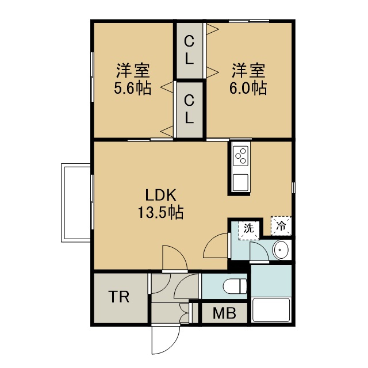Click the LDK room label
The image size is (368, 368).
[x=161, y=195]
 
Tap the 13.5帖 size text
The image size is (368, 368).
[x=161, y=212]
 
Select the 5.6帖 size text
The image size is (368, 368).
[x=133, y=88]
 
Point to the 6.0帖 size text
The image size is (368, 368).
[x=248, y=88]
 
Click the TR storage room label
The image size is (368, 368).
[x=119, y=297]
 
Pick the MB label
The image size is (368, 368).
[x=224, y=313]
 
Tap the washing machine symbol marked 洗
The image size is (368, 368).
[x=249, y=230]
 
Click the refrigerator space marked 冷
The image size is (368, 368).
[x=281, y=226]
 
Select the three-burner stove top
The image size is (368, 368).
[x=241, y=156]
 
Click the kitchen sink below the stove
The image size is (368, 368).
[x=240, y=183]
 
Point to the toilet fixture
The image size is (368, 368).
[x=235, y=286]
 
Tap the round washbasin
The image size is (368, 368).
[x=281, y=250]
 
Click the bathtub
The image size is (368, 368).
[x=271, y=310]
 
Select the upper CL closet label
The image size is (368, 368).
[x=189, y=50]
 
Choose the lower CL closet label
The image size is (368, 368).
[x=189, y=109]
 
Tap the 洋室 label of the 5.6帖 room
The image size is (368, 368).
[x=133, y=70]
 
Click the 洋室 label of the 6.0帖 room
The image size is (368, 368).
[x=248, y=70]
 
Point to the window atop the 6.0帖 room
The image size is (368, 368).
[x=249, y=21]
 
